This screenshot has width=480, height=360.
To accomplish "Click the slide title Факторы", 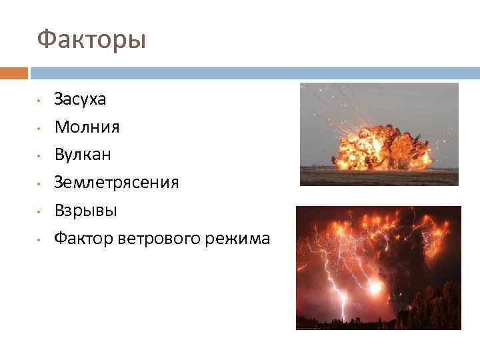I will (x=91, y=40).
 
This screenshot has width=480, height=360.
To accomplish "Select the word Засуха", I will (x=80, y=99).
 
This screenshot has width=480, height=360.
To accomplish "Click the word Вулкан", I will (x=83, y=154).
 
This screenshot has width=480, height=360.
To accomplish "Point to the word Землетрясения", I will (x=116, y=182).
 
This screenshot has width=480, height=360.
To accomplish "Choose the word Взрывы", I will (x=85, y=210).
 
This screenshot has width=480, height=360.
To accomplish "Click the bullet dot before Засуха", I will (x=40, y=101).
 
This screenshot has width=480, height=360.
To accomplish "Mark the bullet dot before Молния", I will (x=40, y=128).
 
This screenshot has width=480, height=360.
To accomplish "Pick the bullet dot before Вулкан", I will (x=40, y=156).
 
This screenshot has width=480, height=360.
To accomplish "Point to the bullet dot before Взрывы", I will (x=40, y=211).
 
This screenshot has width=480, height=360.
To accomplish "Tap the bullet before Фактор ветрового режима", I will (x=40, y=239).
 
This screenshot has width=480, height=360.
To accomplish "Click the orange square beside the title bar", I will (x=13, y=73).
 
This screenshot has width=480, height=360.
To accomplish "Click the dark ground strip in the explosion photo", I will (x=379, y=177).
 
